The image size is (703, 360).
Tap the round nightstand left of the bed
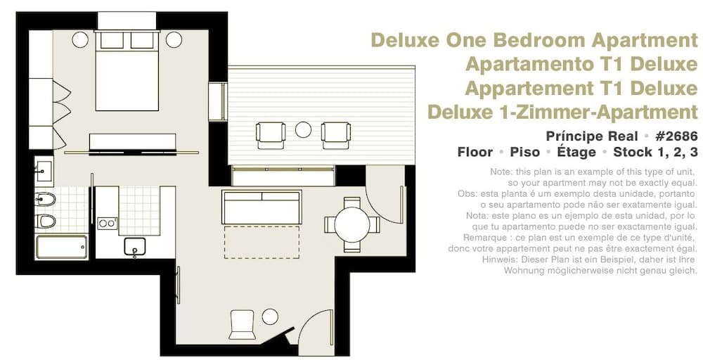[x=80, y=40]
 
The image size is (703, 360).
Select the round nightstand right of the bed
[x=174, y=40]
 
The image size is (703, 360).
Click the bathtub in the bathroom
[x=62, y=247]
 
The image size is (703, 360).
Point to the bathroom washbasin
[x=44, y=171]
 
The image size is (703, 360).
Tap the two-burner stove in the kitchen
[x=107, y=223]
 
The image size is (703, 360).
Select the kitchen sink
[x=134, y=246]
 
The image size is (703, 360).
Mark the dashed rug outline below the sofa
[x=261, y=243]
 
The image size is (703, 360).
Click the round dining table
[x=352, y=224]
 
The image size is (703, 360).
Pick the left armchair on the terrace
[x=271, y=134]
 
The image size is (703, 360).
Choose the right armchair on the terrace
[x=335, y=134]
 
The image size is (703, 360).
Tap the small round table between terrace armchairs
[x=303, y=129]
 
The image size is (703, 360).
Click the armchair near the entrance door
[x=243, y=324]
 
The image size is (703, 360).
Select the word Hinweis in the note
[x=528, y=259]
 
